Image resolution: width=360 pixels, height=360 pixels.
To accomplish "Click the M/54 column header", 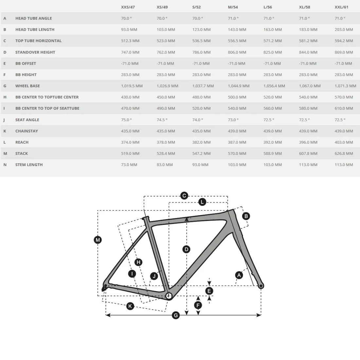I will click(x=233, y=7).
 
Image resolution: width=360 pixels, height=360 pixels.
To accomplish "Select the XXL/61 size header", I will click(x=341, y=7).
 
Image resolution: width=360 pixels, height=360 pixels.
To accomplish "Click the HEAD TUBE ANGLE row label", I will click(x=33, y=18).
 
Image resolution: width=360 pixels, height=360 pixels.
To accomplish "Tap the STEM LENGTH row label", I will click(x=29, y=165).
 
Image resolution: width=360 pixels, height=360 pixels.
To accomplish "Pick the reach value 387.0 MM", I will click(x=237, y=142).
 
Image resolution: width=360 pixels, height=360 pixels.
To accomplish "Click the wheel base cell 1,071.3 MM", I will click(x=345, y=86).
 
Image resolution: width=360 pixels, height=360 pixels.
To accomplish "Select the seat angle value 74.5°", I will click(x=162, y=120).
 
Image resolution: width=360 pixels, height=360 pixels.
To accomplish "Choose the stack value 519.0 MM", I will click(x=130, y=153).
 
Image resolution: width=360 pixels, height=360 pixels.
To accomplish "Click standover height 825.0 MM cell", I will click(x=272, y=52).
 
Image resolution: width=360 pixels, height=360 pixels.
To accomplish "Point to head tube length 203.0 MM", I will click(x=344, y=29).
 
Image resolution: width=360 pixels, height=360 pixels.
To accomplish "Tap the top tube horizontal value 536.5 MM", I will click(x=201, y=41).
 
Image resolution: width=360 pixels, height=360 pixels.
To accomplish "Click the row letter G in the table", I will click(x=5, y=86).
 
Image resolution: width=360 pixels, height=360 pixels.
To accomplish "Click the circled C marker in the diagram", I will click(x=184, y=196).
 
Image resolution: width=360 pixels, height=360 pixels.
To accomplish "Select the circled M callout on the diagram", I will click(x=98, y=240).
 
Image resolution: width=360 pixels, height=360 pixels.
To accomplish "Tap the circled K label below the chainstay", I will click(x=130, y=306).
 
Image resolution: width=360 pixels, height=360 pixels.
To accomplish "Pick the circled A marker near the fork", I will click(x=239, y=275).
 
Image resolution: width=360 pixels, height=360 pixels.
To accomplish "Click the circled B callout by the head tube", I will click(x=246, y=216).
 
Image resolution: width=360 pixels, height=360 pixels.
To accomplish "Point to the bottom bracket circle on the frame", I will click(x=169, y=296).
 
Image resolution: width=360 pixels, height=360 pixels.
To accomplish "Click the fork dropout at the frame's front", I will click(x=261, y=286).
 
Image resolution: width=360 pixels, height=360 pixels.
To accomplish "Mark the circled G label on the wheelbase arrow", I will click(x=176, y=315).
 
